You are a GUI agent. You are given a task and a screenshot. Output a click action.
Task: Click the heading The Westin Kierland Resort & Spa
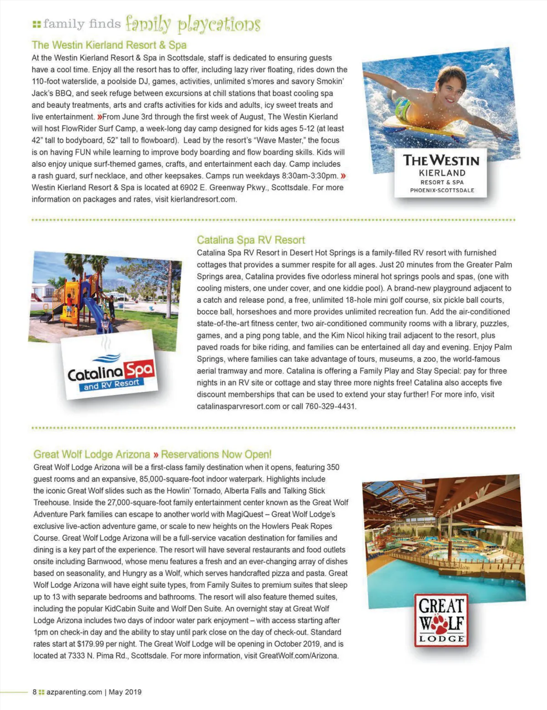(109, 45)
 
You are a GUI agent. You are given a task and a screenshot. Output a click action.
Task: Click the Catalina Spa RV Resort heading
(251, 240)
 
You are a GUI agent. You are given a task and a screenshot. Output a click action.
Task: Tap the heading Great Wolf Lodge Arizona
(92, 454)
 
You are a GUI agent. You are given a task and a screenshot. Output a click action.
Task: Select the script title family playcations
(193, 24)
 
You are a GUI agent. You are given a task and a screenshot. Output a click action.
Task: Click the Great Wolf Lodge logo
(441, 620)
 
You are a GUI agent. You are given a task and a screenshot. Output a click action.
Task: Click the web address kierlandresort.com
(203, 200)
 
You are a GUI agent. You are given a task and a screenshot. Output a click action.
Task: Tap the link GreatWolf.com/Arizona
(298, 656)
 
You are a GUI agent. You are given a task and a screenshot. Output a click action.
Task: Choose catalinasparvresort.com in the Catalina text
(238, 406)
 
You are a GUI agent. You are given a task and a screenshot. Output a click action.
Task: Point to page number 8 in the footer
(35, 692)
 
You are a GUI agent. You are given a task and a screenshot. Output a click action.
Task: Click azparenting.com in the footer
(74, 692)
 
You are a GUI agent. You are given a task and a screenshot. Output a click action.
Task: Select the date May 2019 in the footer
(125, 692)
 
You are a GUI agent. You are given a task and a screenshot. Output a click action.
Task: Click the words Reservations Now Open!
(216, 454)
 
